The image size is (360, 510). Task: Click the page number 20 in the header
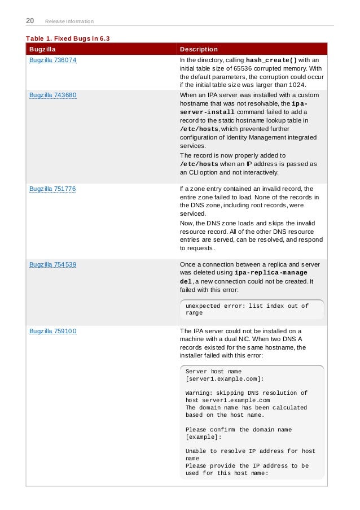(x=30, y=21)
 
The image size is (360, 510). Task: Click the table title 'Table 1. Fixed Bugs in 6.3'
(x=68, y=38)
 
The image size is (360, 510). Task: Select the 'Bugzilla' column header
(x=42, y=49)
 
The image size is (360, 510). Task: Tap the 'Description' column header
(x=198, y=49)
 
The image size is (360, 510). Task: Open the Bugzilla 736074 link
(x=53, y=60)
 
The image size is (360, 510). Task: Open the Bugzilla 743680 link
(x=53, y=95)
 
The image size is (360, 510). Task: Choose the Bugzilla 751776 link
(x=53, y=189)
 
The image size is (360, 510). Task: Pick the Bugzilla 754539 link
(x=53, y=263)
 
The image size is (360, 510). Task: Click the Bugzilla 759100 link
(x=53, y=331)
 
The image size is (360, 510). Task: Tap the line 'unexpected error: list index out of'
(x=247, y=306)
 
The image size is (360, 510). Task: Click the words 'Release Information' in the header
(x=69, y=22)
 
